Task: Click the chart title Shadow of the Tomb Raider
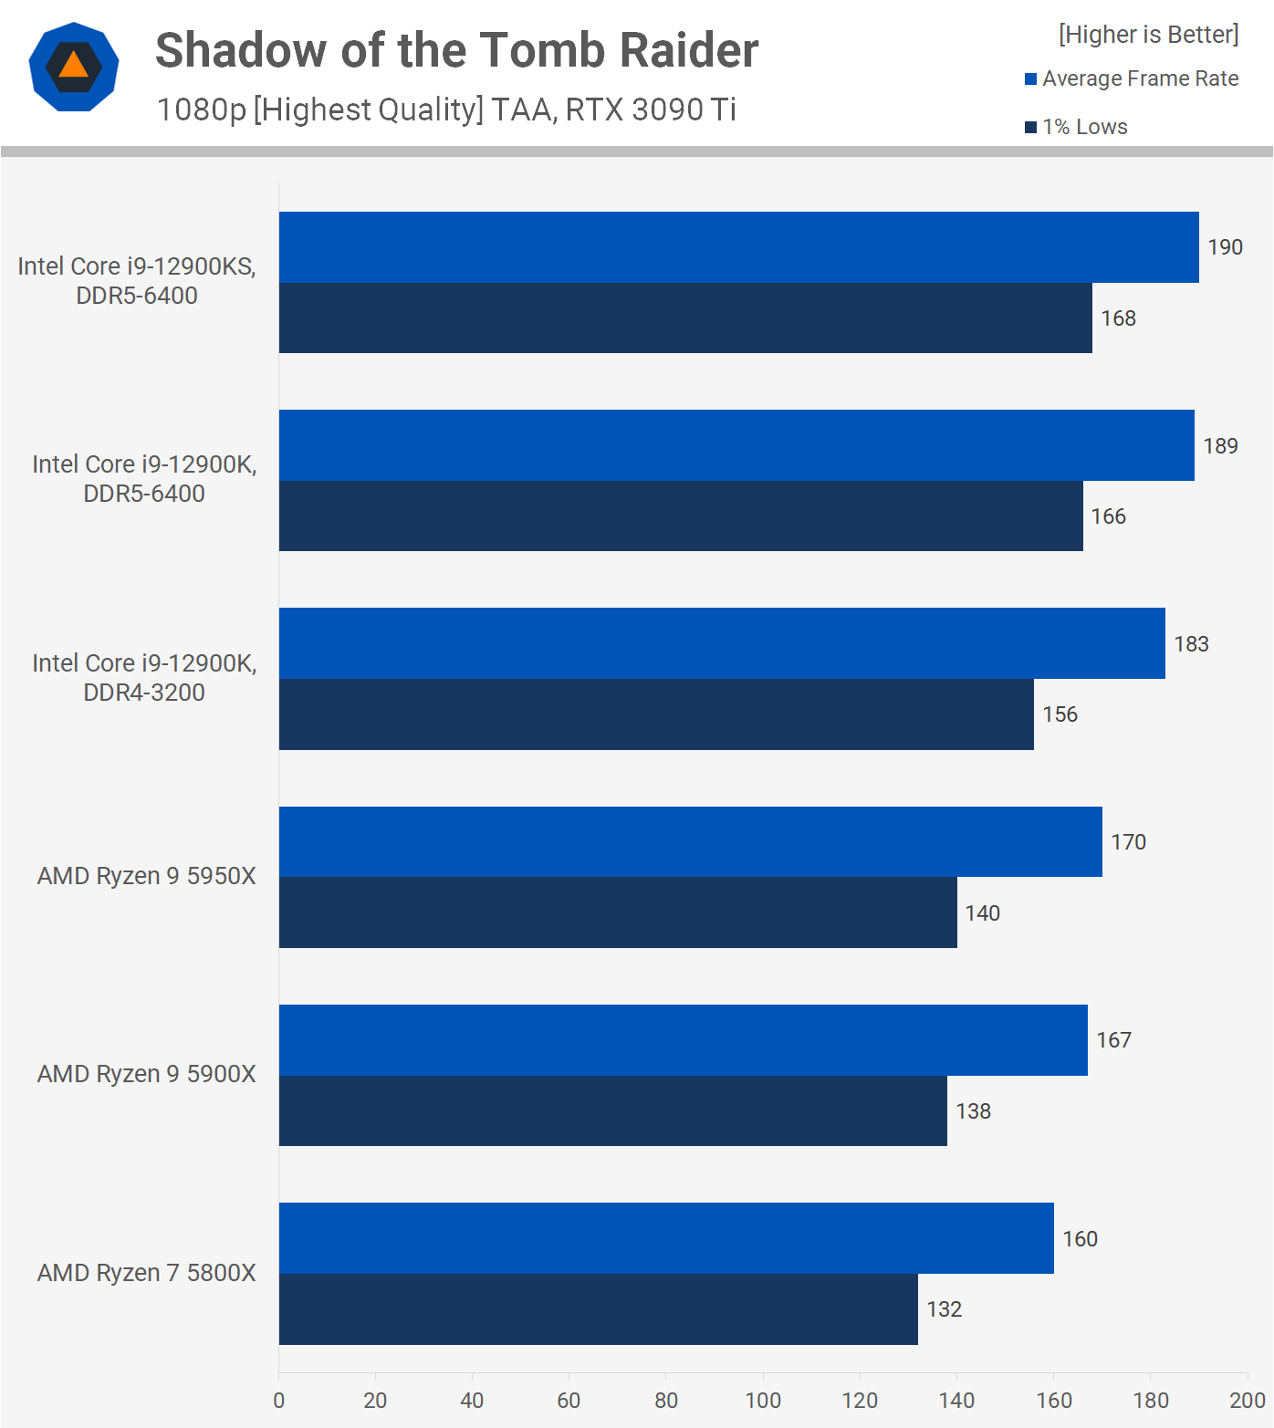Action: tap(456, 50)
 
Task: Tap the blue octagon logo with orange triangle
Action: tap(74, 67)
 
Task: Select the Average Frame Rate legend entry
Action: tap(1132, 78)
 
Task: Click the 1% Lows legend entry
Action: tap(1077, 127)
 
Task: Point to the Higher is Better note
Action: tap(1148, 35)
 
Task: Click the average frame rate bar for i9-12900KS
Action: tap(738, 247)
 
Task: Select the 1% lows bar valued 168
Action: tap(685, 318)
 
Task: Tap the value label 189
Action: tap(1220, 446)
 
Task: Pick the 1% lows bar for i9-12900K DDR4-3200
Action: tap(656, 714)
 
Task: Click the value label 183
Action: tap(1191, 644)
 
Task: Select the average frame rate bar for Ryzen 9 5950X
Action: tap(690, 841)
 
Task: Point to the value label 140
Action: tap(982, 913)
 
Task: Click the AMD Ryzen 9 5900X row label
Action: tap(146, 1074)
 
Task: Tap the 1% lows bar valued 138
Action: tap(612, 1110)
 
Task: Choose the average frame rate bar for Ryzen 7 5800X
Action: tap(666, 1238)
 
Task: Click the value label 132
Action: tap(944, 1309)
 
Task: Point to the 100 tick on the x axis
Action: tap(763, 1401)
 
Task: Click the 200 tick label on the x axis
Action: tap(1247, 1401)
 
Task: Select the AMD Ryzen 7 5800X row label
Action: tap(146, 1273)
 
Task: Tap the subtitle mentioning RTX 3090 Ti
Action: tap(446, 109)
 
